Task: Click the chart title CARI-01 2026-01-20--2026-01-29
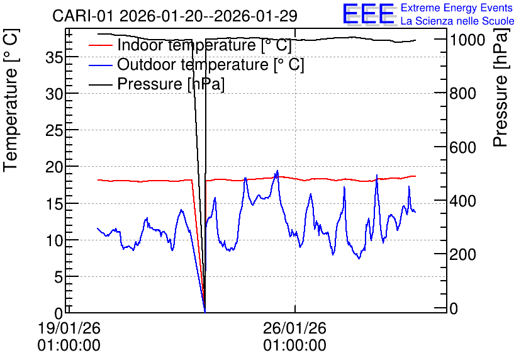[x=175, y=16]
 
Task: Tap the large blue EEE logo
[x=369, y=14]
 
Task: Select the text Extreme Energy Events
[x=457, y=8]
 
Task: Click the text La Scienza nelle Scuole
[x=457, y=21]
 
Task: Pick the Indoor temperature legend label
[x=204, y=45]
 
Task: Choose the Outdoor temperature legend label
[x=211, y=64]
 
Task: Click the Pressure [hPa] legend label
[x=171, y=84]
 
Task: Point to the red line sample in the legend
[x=100, y=45]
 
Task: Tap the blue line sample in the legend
[x=100, y=65]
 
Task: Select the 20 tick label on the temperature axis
[x=54, y=167]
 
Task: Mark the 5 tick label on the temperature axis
[x=59, y=277]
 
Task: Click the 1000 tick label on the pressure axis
[x=467, y=40]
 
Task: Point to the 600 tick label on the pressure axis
[x=462, y=147]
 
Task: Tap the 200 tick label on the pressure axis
[x=462, y=255]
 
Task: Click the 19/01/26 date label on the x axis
[x=69, y=328]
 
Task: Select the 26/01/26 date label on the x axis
[x=294, y=328]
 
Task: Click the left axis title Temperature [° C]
[x=11, y=101]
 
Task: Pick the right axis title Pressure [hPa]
[x=501, y=87]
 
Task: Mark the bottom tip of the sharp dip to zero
[x=204, y=312]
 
